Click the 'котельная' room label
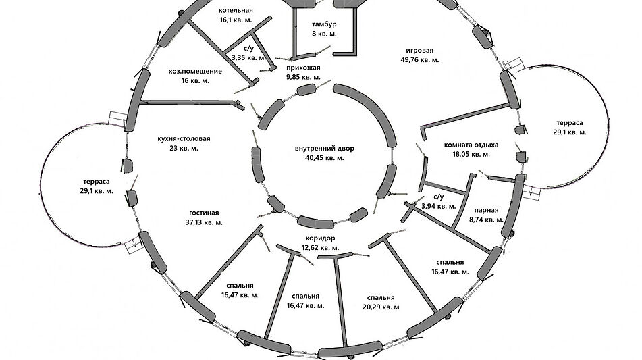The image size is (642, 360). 236,11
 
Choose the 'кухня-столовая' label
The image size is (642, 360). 184,139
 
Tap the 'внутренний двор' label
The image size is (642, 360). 324,149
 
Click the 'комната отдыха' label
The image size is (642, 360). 471,145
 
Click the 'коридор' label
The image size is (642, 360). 321,238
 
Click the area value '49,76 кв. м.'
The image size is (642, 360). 420,60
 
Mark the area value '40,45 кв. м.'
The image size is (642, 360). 324,158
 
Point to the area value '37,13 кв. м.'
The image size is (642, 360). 204,222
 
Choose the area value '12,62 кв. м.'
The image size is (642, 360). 321,248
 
